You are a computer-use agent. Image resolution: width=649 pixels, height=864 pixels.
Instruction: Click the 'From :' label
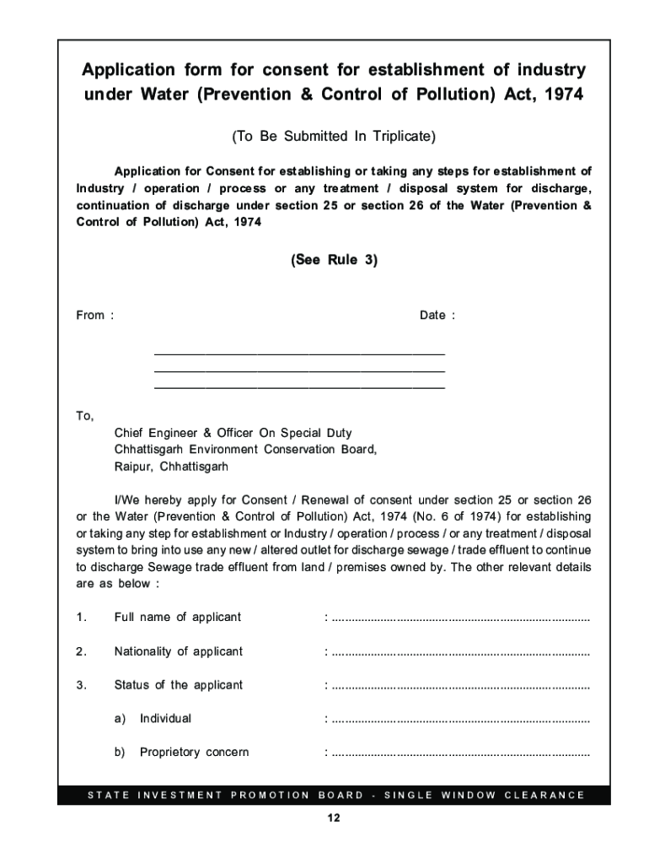(94, 316)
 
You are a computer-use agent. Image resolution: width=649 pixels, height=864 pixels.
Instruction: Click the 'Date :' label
(437, 316)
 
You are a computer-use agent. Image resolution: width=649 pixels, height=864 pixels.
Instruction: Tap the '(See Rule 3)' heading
(334, 261)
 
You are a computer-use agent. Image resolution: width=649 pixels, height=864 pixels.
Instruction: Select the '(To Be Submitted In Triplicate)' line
(334, 136)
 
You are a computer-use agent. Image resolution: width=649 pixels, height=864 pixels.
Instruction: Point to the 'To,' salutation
(85, 416)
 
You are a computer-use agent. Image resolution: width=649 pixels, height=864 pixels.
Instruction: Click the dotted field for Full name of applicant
(460, 618)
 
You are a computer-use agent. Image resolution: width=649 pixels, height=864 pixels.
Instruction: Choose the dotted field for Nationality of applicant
(460, 651)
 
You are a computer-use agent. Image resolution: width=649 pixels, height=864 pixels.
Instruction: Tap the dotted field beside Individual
(460, 719)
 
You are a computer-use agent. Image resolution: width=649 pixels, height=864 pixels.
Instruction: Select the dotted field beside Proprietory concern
(460, 753)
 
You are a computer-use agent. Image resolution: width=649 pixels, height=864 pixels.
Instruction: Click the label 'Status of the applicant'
(179, 685)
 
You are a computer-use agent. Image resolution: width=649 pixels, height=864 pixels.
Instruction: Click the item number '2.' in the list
(81, 651)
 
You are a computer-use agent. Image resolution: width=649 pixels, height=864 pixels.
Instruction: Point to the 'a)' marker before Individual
(120, 719)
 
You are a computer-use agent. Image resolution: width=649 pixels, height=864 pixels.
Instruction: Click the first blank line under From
(299, 354)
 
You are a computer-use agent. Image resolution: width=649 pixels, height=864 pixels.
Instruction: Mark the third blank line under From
(299, 387)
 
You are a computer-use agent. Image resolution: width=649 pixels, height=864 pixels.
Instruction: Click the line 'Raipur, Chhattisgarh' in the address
(171, 467)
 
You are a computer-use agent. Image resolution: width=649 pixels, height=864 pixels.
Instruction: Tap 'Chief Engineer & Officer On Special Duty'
(233, 433)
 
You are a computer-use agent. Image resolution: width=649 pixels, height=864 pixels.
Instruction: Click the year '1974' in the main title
(561, 94)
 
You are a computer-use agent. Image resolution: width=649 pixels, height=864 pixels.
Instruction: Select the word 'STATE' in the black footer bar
(107, 795)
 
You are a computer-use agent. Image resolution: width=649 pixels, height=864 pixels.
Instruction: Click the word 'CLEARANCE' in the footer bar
(544, 795)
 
